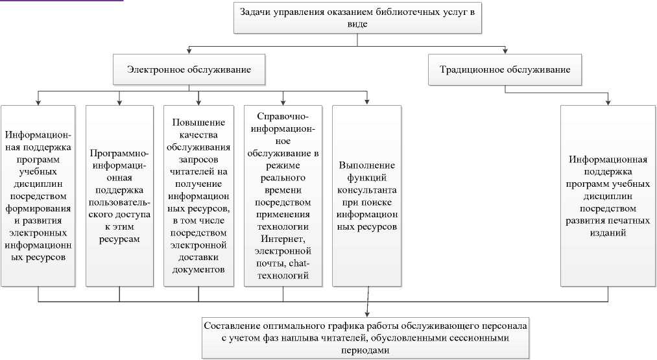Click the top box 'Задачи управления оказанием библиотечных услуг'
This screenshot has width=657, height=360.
357,18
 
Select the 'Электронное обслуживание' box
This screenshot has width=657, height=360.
189,69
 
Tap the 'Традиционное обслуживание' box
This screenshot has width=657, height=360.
505,69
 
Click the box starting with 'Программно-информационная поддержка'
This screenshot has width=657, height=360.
119,195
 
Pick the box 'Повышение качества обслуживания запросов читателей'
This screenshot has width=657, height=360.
198,195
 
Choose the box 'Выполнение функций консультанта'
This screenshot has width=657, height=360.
368,195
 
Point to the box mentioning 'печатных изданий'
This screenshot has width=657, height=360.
607,195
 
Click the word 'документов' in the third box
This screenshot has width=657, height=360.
198,269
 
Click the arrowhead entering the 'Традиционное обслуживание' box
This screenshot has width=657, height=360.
506,51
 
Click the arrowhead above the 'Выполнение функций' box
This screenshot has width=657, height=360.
368,101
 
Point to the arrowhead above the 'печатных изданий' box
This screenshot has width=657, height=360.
608,101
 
